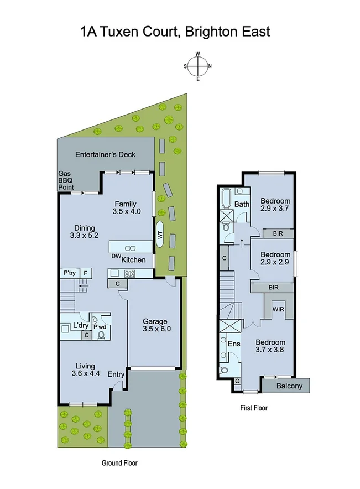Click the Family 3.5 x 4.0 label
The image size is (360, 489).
[x=127, y=207]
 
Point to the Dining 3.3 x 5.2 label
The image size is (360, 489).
[x=85, y=231]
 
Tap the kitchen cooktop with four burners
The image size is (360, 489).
[x=129, y=273]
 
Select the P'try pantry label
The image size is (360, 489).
[x=69, y=273]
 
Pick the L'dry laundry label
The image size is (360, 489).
[x=81, y=325]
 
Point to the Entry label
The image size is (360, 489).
[x=116, y=374]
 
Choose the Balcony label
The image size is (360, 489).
[x=289, y=386]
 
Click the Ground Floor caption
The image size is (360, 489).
[x=119, y=463]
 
